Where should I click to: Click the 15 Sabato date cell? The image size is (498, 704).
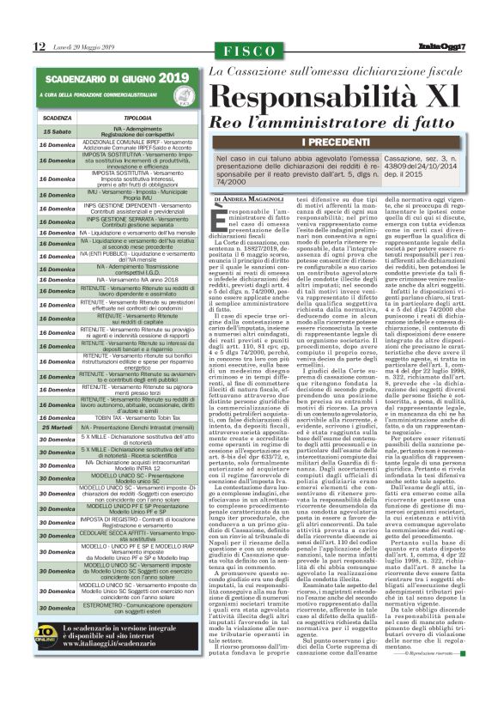point(57,130)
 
